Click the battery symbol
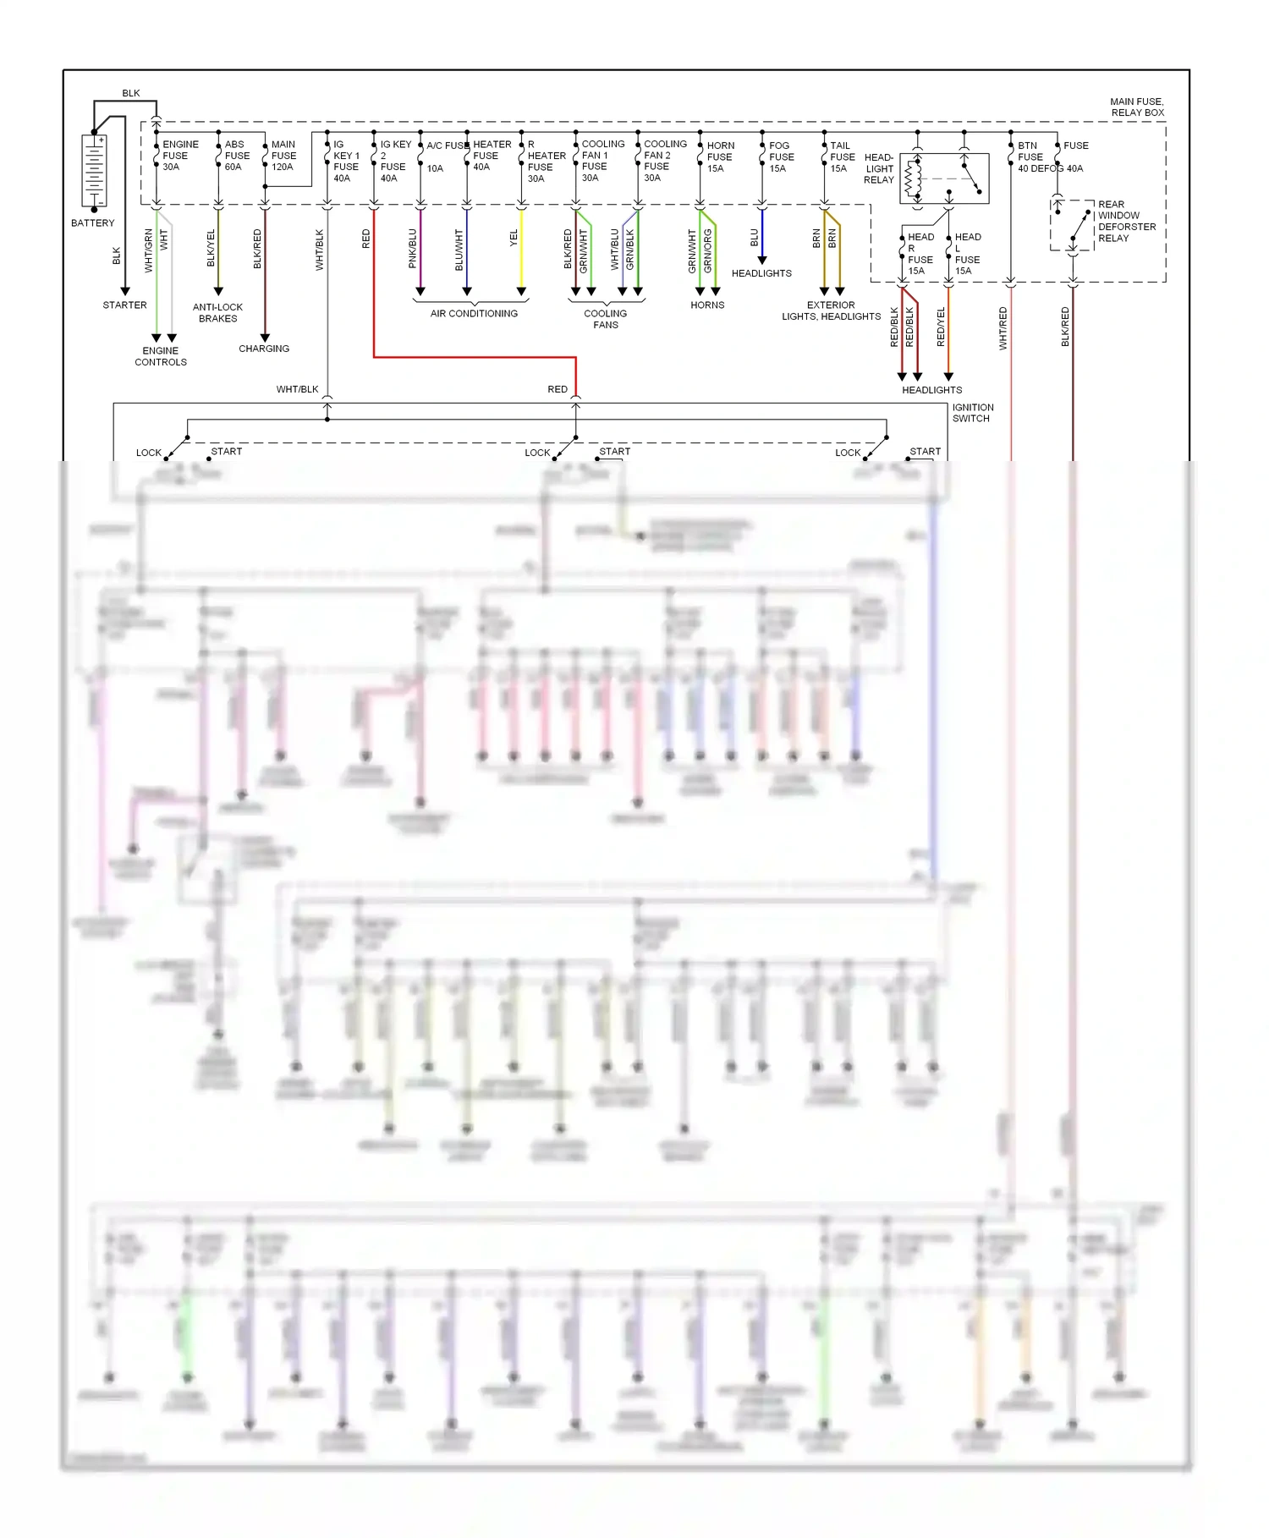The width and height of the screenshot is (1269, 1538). (94, 171)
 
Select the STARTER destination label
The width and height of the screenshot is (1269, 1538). (124, 305)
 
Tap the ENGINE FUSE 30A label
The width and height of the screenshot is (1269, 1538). (179, 156)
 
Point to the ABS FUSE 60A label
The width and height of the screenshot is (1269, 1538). (236, 156)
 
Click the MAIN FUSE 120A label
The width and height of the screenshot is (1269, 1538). (283, 156)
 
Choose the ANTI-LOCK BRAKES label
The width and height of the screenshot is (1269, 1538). (217, 313)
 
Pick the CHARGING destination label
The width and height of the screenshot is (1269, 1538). (264, 349)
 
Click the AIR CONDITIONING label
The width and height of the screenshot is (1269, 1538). (474, 314)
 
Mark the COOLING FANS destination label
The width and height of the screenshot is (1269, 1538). (606, 319)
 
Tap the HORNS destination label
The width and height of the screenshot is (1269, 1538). (707, 305)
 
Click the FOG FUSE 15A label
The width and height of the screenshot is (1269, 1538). (781, 157)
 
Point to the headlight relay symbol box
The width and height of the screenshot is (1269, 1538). (944, 179)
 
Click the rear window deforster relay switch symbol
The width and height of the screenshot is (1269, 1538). (1072, 226)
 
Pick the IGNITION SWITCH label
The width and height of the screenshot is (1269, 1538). (973, 413)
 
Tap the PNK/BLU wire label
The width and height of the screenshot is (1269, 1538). (413, 249)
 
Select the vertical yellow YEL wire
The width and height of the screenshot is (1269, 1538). (521, 254)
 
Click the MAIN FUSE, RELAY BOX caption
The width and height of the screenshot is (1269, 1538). (1136, 107)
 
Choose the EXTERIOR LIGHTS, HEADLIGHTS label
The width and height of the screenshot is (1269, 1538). (831, 310)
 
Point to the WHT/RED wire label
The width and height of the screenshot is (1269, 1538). (1003, 328)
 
